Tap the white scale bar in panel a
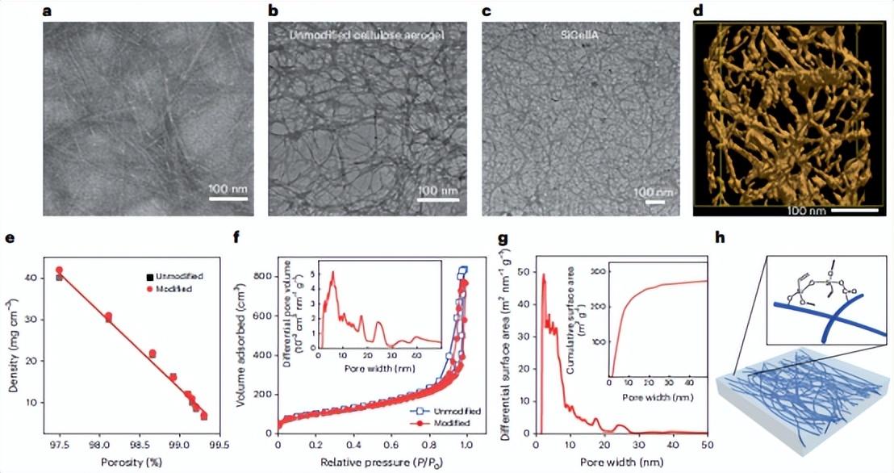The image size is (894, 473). click(227, 199)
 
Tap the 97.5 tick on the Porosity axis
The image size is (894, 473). click(59, 445)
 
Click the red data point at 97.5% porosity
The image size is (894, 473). click(59, 270)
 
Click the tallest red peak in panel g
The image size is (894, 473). click(544, 275)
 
